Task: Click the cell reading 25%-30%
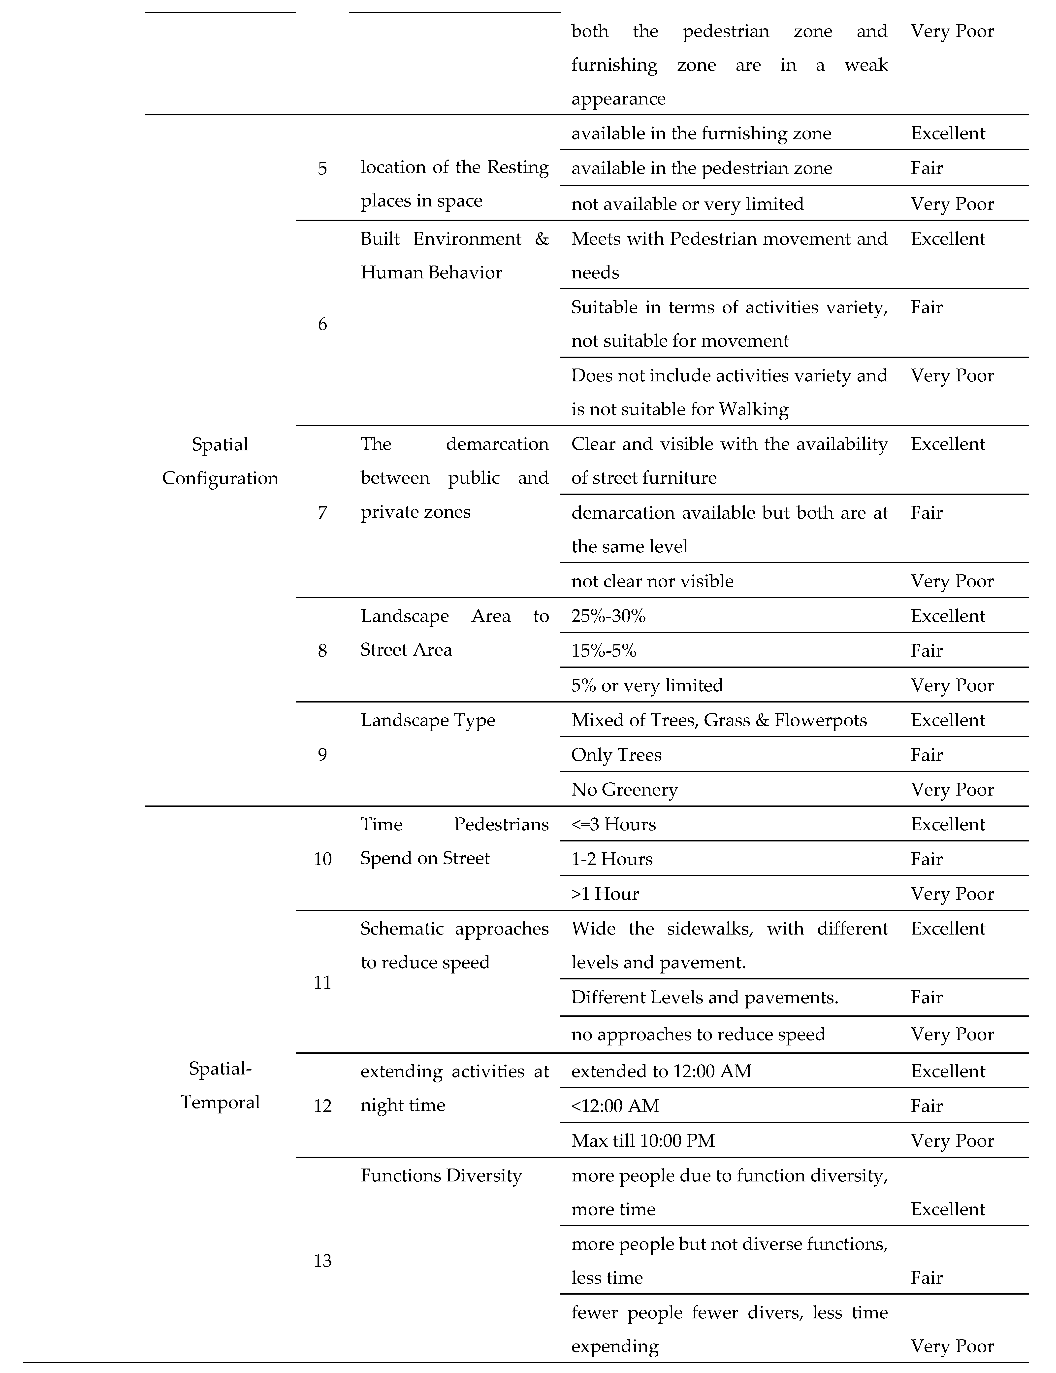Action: coord(608,616)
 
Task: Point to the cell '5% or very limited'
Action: coord(647,685)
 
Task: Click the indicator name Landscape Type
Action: coord(427,720)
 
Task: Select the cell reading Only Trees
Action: coord(616,755)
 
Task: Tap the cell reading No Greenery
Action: coord(624,790)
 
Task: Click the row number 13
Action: coord(322,1261)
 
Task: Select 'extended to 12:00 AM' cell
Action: coord(661,1071)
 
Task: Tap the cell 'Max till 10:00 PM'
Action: coord(643,1141)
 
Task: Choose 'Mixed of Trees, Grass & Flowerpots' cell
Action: coord(718,720)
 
